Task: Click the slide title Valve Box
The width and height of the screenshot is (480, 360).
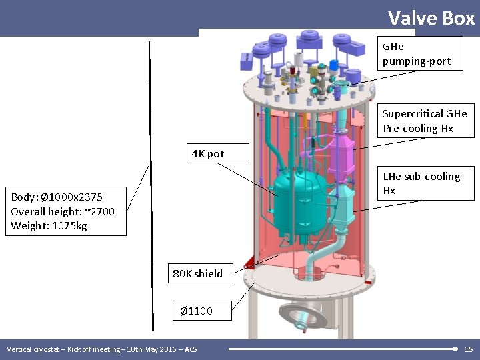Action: click(431, 17)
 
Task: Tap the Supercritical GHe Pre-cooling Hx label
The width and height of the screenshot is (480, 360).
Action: click(425, 121)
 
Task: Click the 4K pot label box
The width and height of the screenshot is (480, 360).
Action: click(208, 154)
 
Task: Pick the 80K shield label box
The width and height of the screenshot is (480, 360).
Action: click(198, 273)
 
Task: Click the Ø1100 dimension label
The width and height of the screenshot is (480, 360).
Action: click(197, 311)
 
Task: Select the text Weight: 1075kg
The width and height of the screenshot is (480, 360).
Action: click(49, 226)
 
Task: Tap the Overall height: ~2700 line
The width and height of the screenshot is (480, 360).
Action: click(63, 211)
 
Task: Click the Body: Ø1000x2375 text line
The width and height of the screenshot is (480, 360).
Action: click(57, 197)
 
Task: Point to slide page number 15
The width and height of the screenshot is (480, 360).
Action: click(468, 349)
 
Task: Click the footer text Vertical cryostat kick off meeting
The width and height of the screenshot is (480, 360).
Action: click(101, 349)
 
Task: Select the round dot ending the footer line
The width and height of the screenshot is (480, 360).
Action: click(455, 349)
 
